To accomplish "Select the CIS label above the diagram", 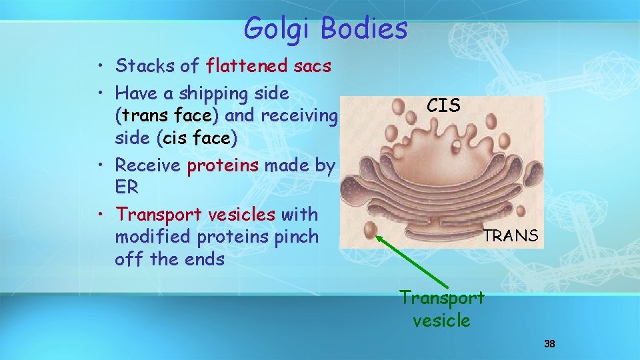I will (x=443, y=105).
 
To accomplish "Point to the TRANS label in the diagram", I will (x=511, y=235).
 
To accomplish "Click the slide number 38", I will (x=549, y=344).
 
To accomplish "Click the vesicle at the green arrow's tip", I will (x=377, y=230).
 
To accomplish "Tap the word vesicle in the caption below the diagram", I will (x=441, y=321).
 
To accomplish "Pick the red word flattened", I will (x=248, y=65).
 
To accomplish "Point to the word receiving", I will (x=299, y=115).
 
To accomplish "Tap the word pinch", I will (x=299, y=237).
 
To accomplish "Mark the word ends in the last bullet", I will (x=203, y=259).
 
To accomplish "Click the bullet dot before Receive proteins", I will (x=99, y=165).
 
